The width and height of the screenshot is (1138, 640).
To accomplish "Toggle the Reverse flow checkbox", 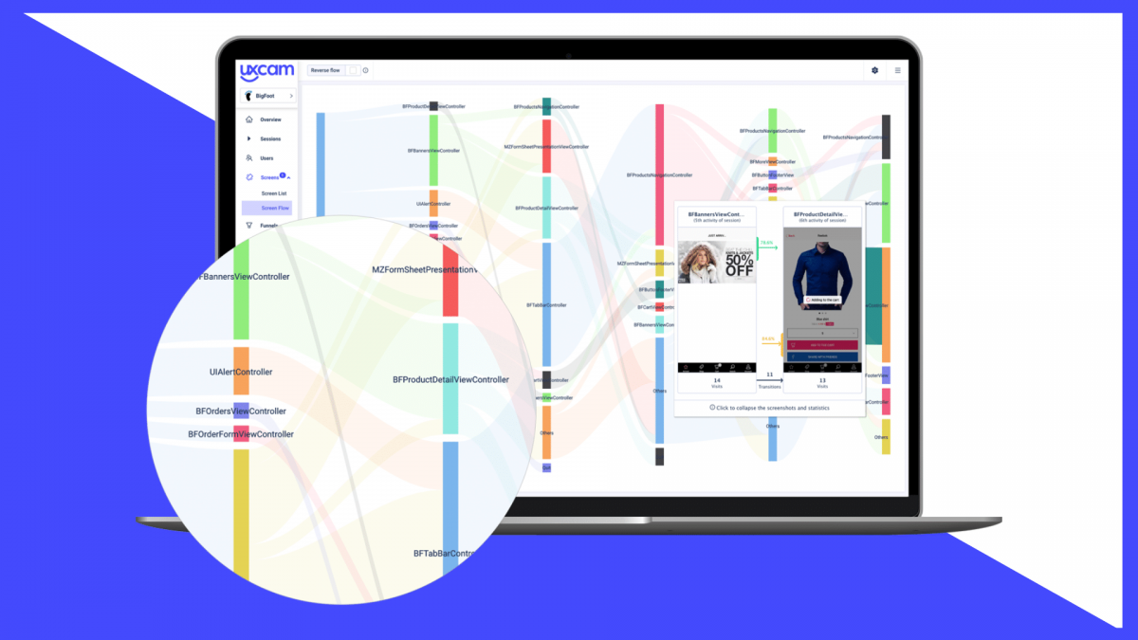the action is [x=352, y=70].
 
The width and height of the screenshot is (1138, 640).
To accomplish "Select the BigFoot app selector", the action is [x=267, y=96].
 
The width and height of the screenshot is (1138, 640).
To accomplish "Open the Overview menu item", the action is [x=270, y=119].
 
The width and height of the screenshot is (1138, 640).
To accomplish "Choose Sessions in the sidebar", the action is [x=270, y=138].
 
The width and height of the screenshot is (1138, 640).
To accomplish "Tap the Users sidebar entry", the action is [x=266, y=158].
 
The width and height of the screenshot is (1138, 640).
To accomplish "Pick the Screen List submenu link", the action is [x=274, y=193].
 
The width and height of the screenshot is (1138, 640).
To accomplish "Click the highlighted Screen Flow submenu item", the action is [x=275, y=208].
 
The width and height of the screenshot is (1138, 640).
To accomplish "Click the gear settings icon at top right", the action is [x=874, y=70].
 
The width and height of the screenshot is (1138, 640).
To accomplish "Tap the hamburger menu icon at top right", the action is [x=898, y=70].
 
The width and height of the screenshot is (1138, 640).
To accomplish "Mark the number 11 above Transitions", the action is [x=769, y=375].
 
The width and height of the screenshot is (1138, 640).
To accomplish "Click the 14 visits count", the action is [x=717, y=380].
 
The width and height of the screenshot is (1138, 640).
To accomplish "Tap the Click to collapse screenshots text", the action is [x=769, y=407].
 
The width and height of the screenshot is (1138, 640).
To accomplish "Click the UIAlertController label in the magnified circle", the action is [x=241, y=372].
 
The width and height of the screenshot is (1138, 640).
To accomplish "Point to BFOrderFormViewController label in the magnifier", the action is [x=241, y=434].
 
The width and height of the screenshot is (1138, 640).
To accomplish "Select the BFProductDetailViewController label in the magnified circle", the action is [x=450, y=379].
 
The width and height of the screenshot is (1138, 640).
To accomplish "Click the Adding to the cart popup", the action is [x=822, y=300].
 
